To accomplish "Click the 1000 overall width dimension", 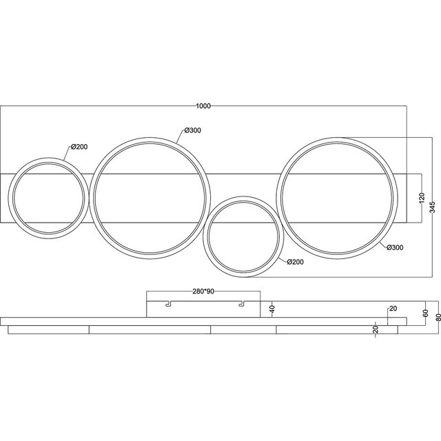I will coord(203,105).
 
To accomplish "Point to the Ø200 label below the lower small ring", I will coord(295,262).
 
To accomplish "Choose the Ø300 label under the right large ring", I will coord(395,247).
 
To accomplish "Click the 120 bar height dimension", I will coord(422,197).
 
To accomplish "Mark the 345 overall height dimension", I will coord(432,207).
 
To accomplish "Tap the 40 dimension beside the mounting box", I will coord(272,309).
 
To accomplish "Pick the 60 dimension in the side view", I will coord(425,310).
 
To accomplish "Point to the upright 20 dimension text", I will coord(393,308).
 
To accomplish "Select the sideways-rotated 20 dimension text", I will coord(376,329).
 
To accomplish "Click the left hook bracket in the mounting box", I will coord(166,302).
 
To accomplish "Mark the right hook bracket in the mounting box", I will coord(241,302).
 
